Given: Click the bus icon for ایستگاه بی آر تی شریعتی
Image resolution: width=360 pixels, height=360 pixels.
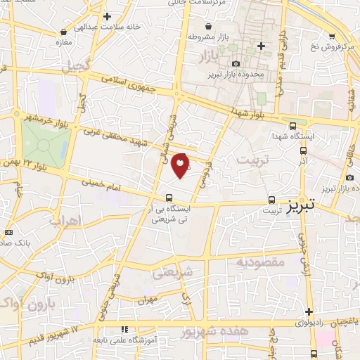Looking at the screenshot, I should click(x=168, y=198).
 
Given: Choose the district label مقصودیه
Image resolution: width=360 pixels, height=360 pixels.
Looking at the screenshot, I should click(x=259, y=263).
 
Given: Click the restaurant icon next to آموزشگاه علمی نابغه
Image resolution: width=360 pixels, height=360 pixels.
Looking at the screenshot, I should click(x=124, y=328).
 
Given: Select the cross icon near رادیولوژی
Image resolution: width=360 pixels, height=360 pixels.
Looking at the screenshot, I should click(x=309, y=312).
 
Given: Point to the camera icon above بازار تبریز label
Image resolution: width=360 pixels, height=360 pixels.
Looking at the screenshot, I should click(x=350, y=177).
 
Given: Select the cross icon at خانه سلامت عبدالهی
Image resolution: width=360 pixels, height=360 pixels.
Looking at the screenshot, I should click(x=106, y=16).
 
